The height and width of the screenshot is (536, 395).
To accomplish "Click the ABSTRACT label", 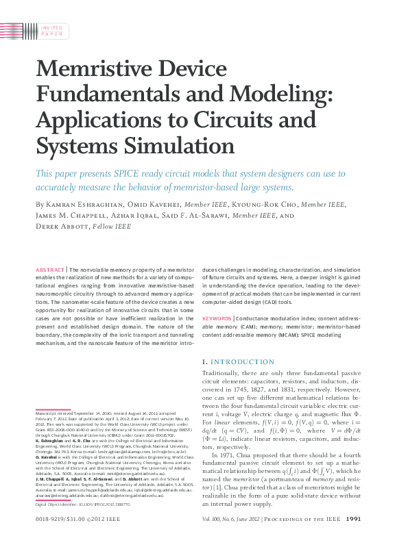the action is tap(50, 270).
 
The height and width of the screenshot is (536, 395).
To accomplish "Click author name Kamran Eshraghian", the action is tap(76, 205).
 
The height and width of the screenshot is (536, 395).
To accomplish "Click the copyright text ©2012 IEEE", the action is tap(107, 518).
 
